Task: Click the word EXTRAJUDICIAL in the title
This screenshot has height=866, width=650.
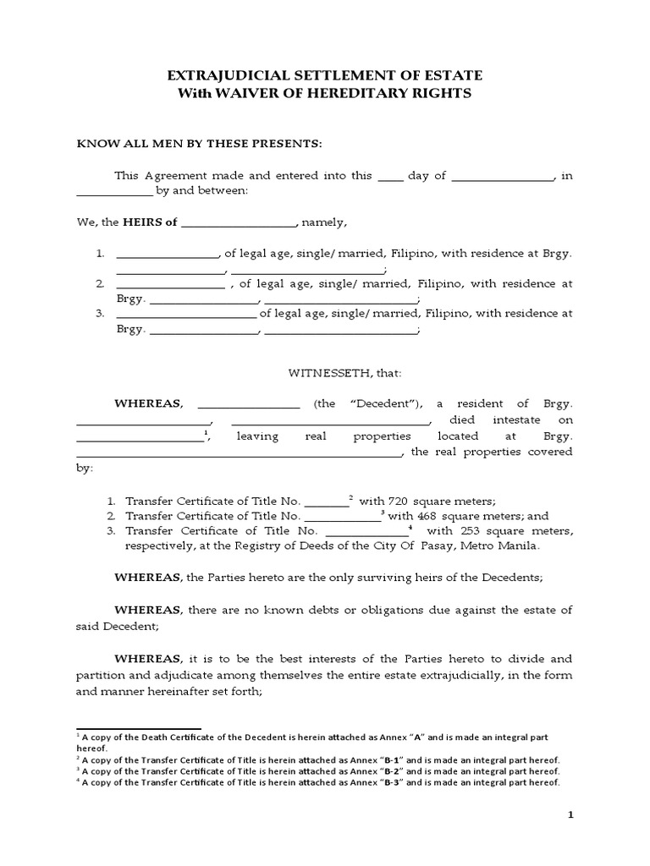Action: point(222,76)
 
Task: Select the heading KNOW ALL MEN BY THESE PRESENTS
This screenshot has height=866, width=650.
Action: point(200,144)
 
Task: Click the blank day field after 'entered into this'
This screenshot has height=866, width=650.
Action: point(390,176)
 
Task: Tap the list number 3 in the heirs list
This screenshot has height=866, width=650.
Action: point(99,313)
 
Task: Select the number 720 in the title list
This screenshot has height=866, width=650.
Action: point(405,500)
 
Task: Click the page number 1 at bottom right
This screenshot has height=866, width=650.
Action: point(570,814)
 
